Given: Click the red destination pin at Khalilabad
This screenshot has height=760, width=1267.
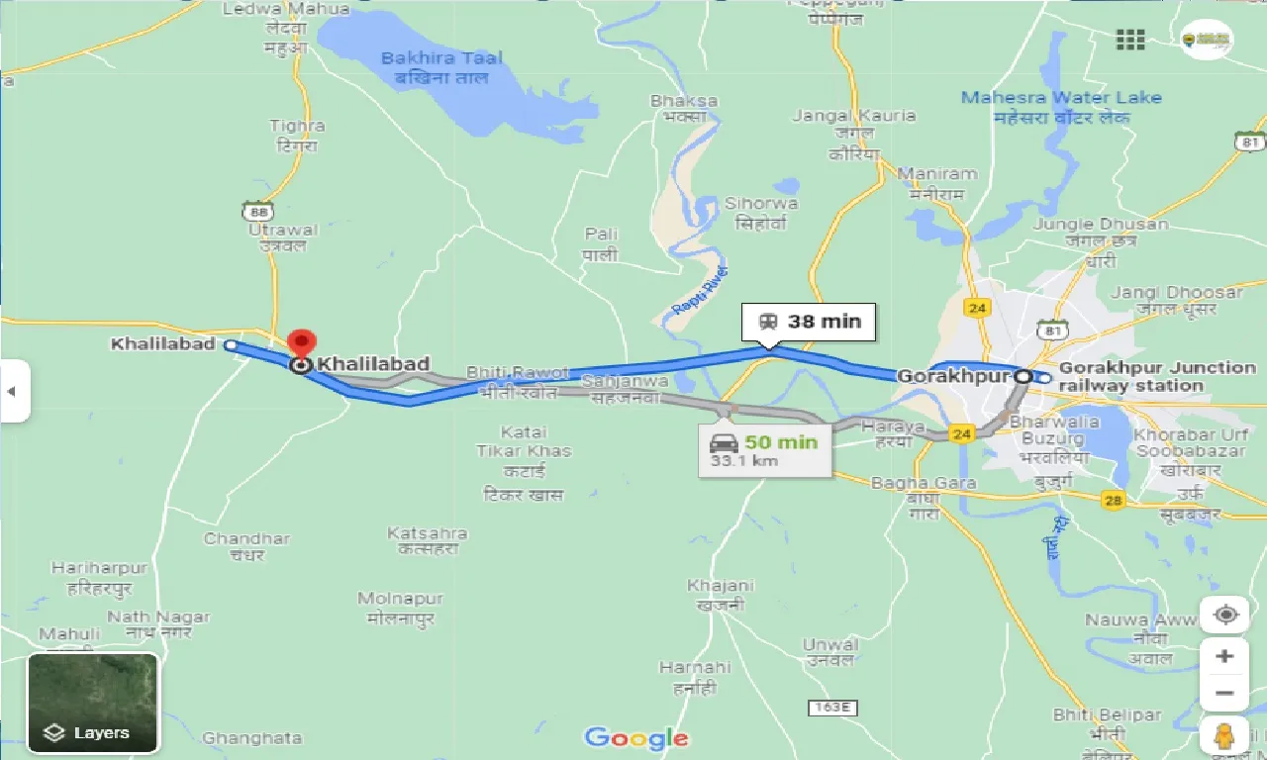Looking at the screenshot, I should [301, 345].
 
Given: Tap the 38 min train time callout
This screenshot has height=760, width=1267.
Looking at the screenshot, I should [809, 322].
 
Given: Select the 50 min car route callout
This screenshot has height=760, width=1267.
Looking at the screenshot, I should [765, 448].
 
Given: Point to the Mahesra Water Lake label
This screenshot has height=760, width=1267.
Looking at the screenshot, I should [1061, 107].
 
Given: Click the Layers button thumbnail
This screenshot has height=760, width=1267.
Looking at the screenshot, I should [92, 702].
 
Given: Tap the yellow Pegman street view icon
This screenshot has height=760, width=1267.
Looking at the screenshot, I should [1225, 736].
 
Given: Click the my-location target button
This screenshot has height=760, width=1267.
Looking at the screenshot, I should [1225, 615].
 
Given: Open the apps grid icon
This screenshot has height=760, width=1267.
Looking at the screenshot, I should [1129, 40].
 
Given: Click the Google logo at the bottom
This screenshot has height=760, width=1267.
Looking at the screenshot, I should [635, 737].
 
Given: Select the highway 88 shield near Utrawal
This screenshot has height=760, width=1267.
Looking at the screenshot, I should [257, 210].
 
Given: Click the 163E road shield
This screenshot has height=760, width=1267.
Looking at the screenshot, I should [831, 708].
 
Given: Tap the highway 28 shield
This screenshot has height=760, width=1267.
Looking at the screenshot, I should [1114, 502].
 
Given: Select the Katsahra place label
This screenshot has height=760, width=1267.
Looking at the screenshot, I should [427, 541].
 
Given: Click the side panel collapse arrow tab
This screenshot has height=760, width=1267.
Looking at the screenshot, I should [13, 391].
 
